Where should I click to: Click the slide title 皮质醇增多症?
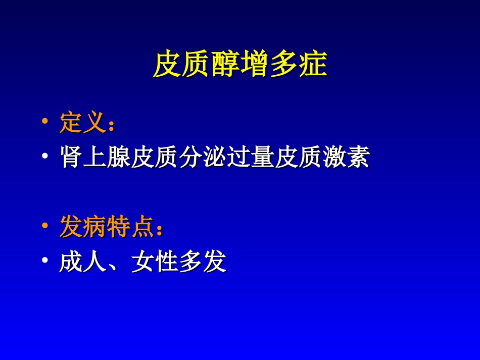[240, 64]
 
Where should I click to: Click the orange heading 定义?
[82, 123]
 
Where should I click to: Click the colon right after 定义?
[111, 125]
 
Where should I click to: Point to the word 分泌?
[191, 158]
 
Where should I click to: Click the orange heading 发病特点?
[106, 227]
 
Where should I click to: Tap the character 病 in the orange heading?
[95, 227]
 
